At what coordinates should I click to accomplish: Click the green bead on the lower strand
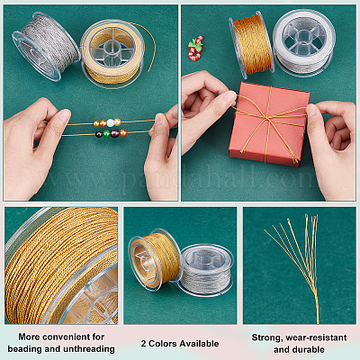[106, 134]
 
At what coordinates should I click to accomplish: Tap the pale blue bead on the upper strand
[111, 122]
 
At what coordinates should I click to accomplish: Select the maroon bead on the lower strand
[114, 133]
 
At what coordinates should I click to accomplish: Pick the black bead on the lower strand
[99, 134]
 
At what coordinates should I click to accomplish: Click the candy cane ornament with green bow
[195, 49]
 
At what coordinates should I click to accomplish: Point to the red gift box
[269, 123]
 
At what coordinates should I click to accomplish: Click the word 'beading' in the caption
[25, 349]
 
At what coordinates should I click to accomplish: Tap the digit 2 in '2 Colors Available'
[144, 344]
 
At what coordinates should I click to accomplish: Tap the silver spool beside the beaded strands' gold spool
[46, 46]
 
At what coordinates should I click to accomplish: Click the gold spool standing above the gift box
[252, 42]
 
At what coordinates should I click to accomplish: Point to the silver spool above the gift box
[303, 43]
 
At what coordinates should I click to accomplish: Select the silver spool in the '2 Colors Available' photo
[206, 269]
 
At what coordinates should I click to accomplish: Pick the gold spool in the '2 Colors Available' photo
[155, 260]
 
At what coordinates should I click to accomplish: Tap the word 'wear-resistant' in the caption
[316, 337]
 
